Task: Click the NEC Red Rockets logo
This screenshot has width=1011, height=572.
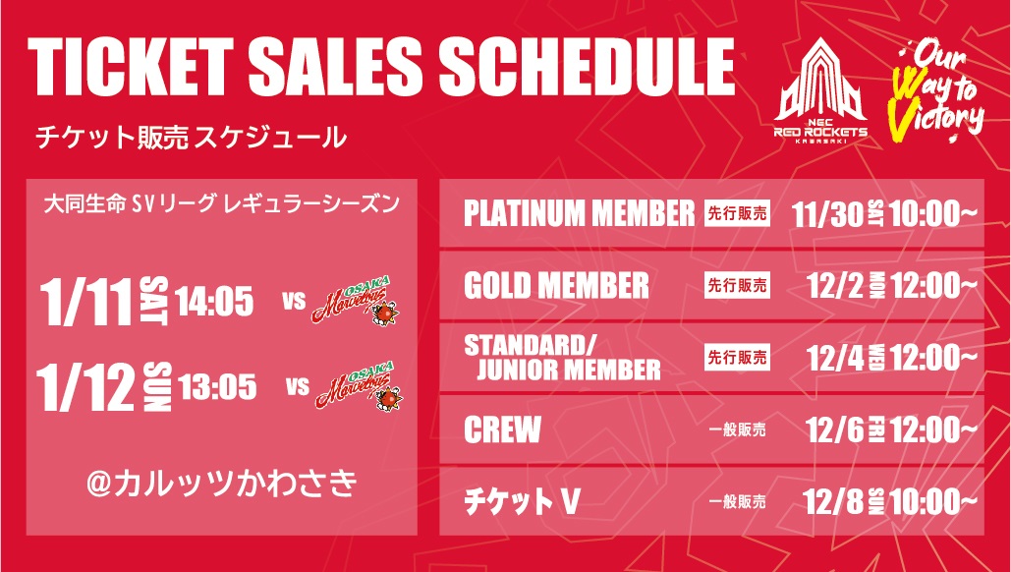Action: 820,92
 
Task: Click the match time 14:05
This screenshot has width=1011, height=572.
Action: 214,302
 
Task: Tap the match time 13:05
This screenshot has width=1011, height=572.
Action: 217,387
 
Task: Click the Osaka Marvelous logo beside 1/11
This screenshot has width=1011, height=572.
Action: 356,301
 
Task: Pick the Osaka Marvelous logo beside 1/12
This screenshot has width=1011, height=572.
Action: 360,386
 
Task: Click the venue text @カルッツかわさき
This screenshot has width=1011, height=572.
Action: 221,485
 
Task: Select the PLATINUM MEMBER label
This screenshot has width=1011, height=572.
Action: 579,214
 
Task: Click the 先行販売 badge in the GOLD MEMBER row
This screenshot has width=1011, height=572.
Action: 737,285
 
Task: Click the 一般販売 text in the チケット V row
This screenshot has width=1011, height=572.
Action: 737,501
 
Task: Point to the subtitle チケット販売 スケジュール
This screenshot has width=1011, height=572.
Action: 192,138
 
